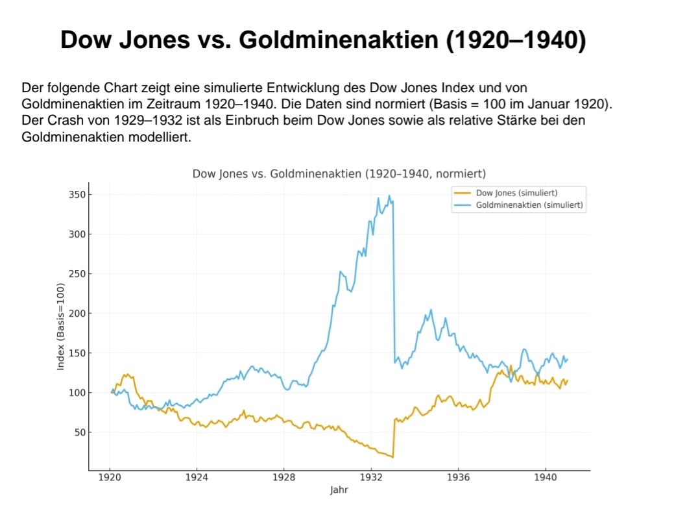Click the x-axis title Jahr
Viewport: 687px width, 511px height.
pyautogui.click(x=339, y=490)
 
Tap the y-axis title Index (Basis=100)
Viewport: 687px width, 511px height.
pyautogui.click(x=61, y=327)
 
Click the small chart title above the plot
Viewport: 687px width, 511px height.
pyautogui.click(x=339, y=174)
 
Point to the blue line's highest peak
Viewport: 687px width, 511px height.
pyautogui.click(x=389, y=195)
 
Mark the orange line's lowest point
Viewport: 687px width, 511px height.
pyautogui.click(x=393, y=457)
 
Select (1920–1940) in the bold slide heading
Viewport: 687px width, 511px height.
pyautogui.click(x=516, y=40)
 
